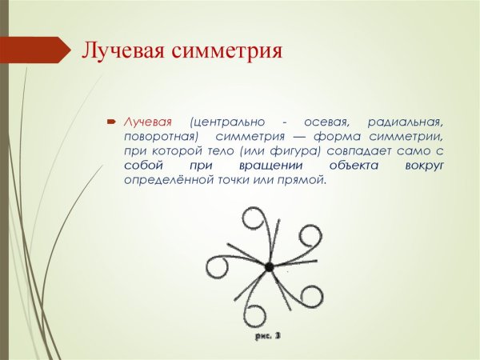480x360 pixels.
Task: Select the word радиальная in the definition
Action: [405, 121]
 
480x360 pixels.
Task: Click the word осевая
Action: [325, 121]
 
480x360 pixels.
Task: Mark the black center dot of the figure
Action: [270, 266]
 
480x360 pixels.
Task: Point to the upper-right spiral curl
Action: [311, 236]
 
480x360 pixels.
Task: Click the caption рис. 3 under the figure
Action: [269, 337]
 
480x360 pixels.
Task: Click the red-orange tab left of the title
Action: [35, 50]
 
